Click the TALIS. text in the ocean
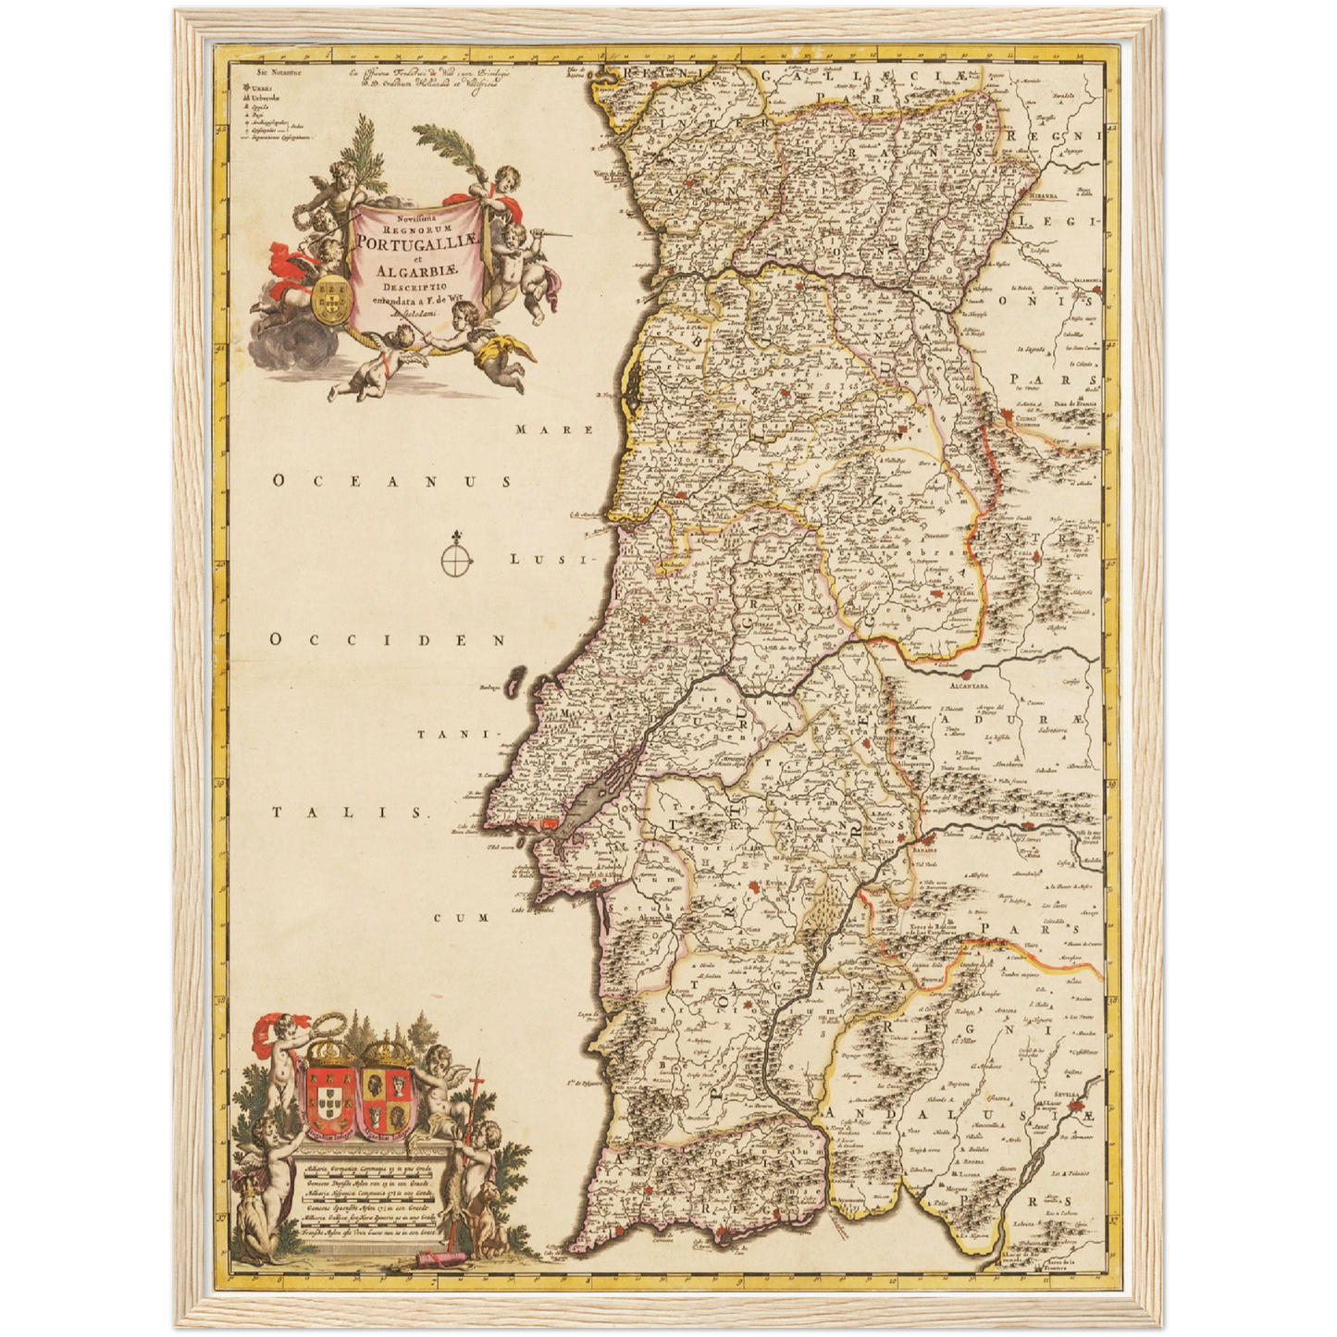(x=352, y=812)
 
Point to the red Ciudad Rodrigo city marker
(x=1008, y=419)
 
